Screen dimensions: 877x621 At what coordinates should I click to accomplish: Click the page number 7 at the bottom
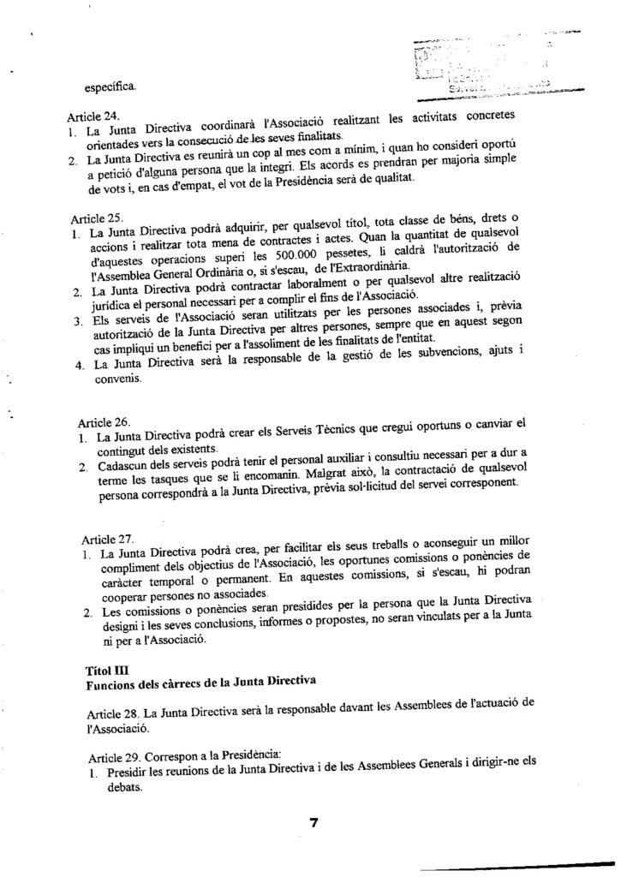tap(313, 823)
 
